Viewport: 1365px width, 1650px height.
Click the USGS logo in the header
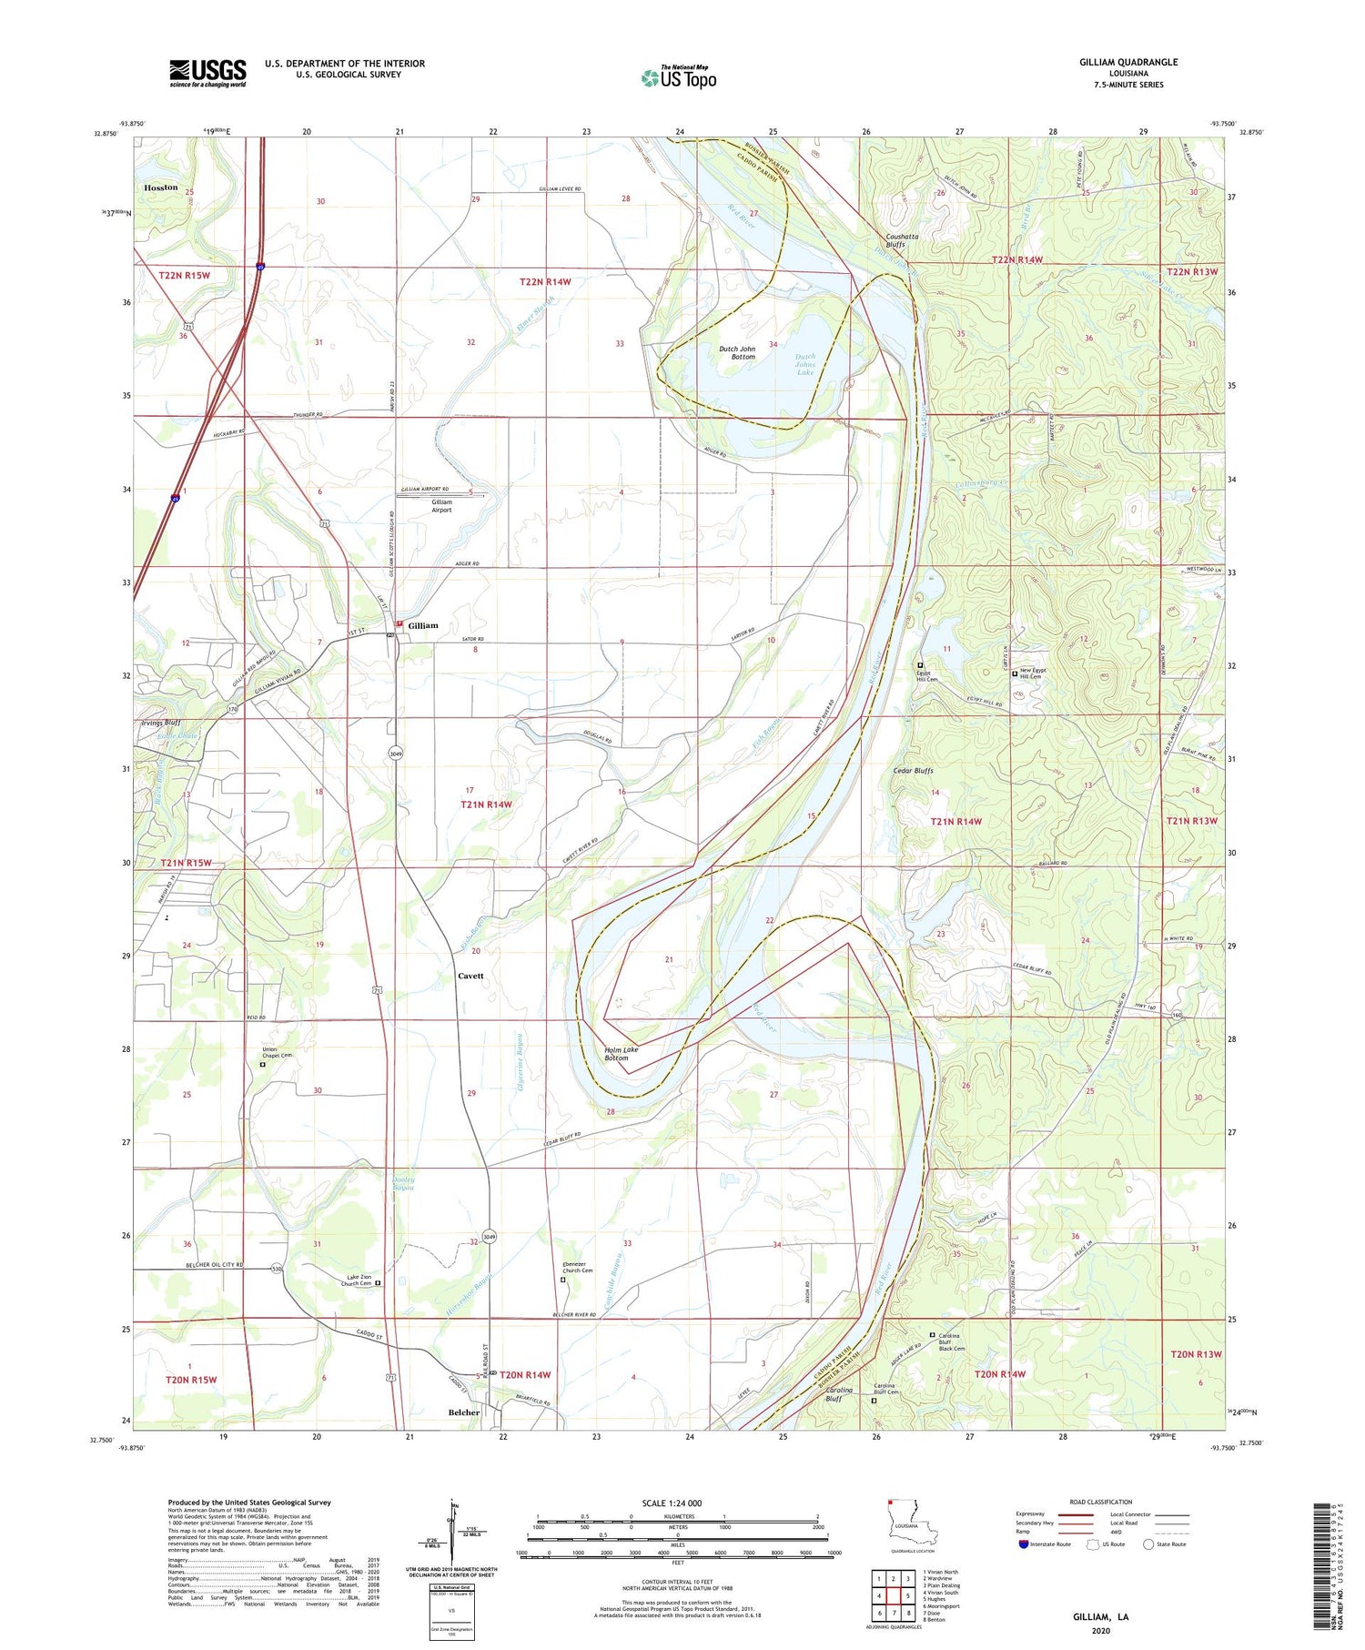click(207, 73)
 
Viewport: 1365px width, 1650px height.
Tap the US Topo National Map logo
click(678, 77)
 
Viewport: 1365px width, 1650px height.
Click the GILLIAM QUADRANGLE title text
click(1127, 62)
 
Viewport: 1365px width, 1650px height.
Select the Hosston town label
click(160, 187)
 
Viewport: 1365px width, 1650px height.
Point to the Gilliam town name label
click(423, 625)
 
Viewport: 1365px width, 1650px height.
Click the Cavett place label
click(470, 976)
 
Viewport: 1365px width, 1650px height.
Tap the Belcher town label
click(464, 1412)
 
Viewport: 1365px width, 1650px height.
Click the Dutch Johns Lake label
click(805, 364)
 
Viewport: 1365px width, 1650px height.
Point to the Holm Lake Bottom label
click(622, 1054)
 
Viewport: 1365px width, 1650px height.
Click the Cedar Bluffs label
click(911, 771)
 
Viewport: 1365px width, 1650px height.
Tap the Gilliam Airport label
click(442, 506)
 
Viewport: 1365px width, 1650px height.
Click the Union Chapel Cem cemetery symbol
click(263, 1064)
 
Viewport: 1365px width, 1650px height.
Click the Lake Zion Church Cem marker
click(378, 1283)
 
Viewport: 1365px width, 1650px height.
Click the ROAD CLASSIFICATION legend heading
click(1101, 1502)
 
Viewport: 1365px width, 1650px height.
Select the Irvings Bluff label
click(160, 723)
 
